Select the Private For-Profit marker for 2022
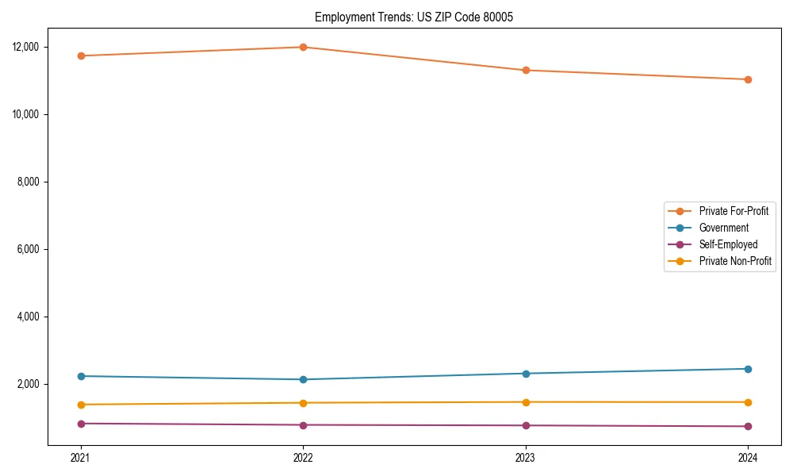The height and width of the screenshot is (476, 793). tap(303, 47)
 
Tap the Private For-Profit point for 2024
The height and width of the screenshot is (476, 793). tap(748, 79)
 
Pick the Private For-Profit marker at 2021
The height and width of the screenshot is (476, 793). tap(81, 56)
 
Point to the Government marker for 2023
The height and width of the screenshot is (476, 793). tap(526, 374)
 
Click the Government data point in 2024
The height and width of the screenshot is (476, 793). tap(748, 369)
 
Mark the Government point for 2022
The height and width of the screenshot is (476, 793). tap(303, 379)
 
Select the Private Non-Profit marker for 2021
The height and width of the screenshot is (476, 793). tap(81, 405)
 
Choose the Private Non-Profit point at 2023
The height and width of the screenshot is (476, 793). tap(526, 402)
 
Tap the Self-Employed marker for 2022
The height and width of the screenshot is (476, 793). tap(303, 425)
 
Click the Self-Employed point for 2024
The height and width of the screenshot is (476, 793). tap(748, 427)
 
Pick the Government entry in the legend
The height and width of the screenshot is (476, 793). tap(723, 228)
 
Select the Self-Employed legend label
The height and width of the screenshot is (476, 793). tap(728, 244)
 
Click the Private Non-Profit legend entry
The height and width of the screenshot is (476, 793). tap(735, 261)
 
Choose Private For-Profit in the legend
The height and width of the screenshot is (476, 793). tap(734, 211)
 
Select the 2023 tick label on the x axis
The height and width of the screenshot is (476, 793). tap(526, 457)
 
